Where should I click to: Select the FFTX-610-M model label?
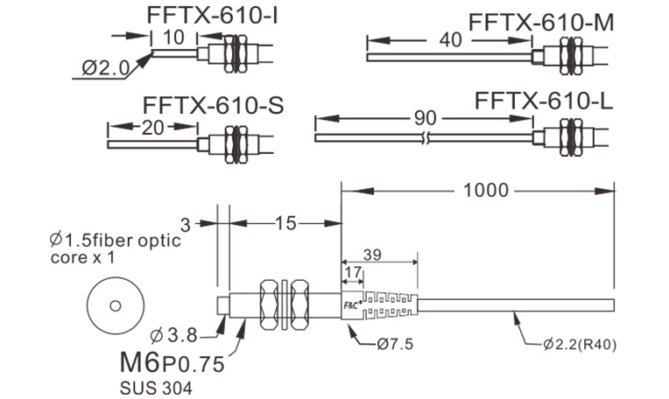[541, 21]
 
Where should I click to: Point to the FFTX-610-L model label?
[543, 101]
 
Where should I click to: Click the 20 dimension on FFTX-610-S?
[153, 127]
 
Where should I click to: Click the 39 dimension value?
[371, 255]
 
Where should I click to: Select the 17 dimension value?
[353, 273]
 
